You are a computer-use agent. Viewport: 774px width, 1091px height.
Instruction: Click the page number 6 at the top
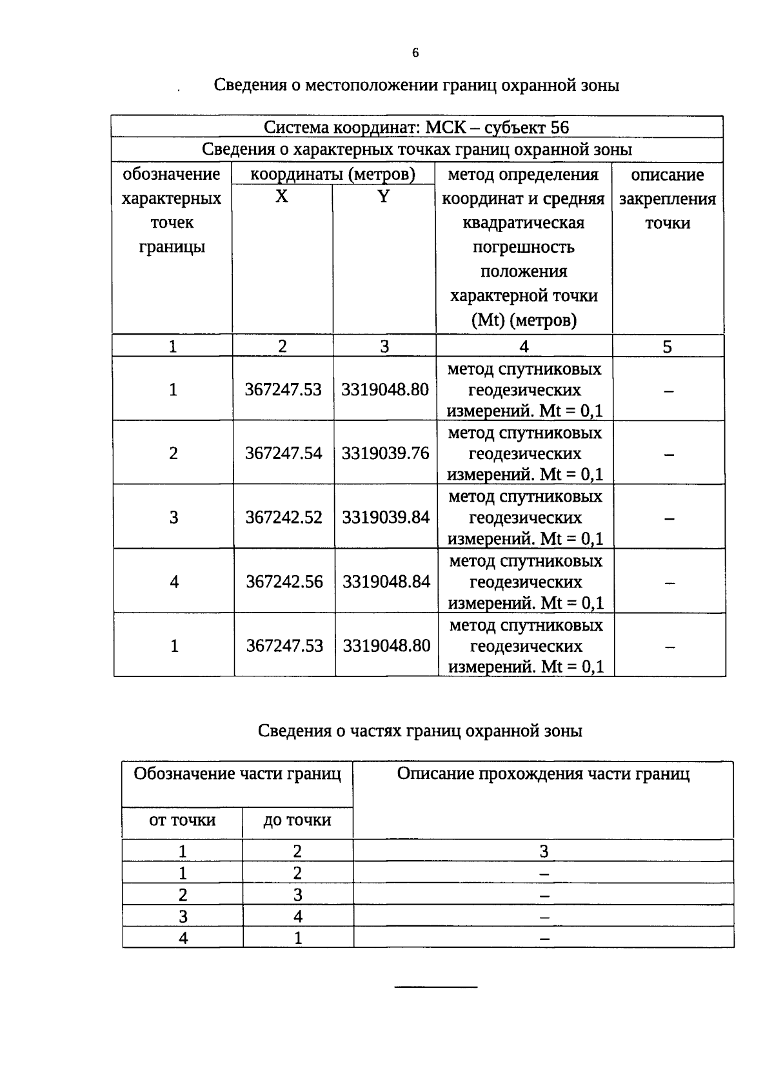point(415,54)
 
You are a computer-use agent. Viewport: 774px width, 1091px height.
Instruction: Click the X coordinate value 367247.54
point(283,453)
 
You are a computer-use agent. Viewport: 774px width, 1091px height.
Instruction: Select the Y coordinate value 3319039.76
point(385,453)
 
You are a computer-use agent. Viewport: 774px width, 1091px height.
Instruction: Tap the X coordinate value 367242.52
point(284,517)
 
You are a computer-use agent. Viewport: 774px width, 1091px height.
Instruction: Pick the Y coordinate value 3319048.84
point(386,582)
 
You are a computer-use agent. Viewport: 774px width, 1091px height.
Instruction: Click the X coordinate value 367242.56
point(284,582)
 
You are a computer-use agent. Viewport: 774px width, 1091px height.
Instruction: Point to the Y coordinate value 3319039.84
point(386,517)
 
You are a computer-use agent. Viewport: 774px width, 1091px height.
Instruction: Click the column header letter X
point(282,197)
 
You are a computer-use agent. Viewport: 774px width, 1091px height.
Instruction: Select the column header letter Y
point(384,197)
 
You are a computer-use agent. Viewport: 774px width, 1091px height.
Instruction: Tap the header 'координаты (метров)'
point(332,174)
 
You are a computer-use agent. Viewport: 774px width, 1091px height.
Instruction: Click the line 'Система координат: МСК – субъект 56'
point(417,127)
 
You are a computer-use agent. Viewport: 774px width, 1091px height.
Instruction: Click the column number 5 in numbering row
point(667,347)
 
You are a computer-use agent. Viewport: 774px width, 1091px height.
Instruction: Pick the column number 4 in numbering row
point(524,347)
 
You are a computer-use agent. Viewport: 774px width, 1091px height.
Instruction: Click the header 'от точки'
point(182,820)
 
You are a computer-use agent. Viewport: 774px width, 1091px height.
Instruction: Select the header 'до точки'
point(297,820)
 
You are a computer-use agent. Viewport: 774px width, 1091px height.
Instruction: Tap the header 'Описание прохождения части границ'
point(543,774)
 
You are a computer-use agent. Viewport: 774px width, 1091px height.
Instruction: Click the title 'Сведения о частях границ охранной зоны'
point(420,731)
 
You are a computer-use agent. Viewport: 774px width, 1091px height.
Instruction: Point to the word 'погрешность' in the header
point(523,248)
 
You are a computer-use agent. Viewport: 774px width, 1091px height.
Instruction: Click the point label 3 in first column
point(174,517)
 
